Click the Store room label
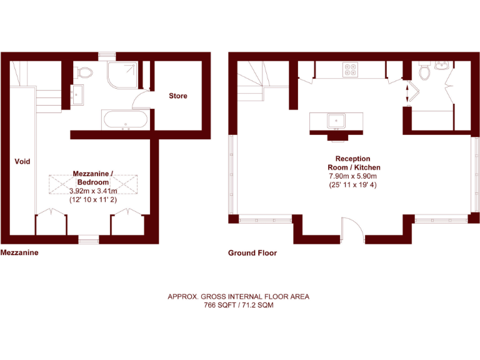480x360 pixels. [177, 96]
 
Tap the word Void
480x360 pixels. [22, 162]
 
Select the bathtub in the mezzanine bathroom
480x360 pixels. [126, 119]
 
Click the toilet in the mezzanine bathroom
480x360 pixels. [83, 72]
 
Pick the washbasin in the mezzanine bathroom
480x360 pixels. [79, 95]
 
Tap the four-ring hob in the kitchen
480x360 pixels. [350, 70]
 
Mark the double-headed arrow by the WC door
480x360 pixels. [407, 94]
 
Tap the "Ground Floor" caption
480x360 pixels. [252, 253]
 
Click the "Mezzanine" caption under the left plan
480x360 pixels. [19, 253]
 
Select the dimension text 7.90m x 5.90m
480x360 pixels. [354, 177]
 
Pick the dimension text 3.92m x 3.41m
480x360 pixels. [93, 191]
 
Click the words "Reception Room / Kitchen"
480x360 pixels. [354, 163]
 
